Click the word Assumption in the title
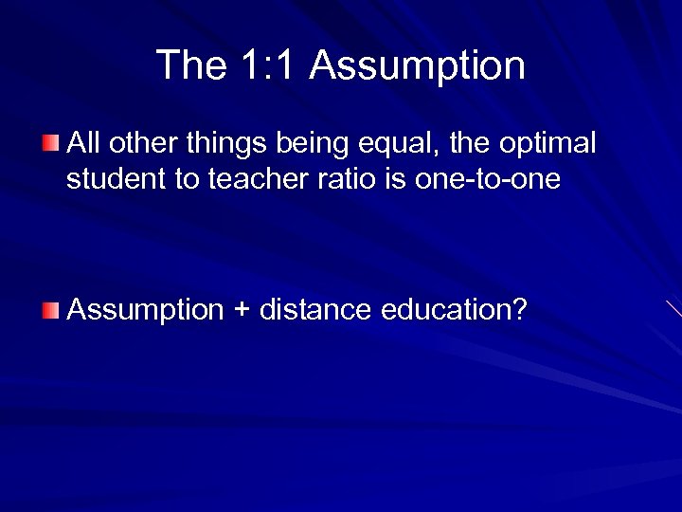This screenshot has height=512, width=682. click(x=417, y=65)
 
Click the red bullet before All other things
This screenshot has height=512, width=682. click(x=50, y=144)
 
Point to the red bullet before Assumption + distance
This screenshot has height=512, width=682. click(x=50, y=308)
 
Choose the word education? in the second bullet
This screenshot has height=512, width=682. click(x=453, y=309)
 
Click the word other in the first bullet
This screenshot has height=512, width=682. click(x=138, y=144)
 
